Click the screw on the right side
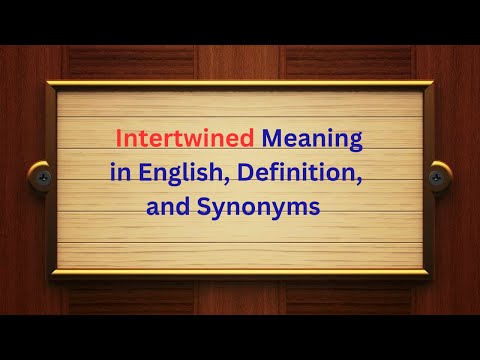click(437, 177)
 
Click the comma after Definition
click(357, 179)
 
